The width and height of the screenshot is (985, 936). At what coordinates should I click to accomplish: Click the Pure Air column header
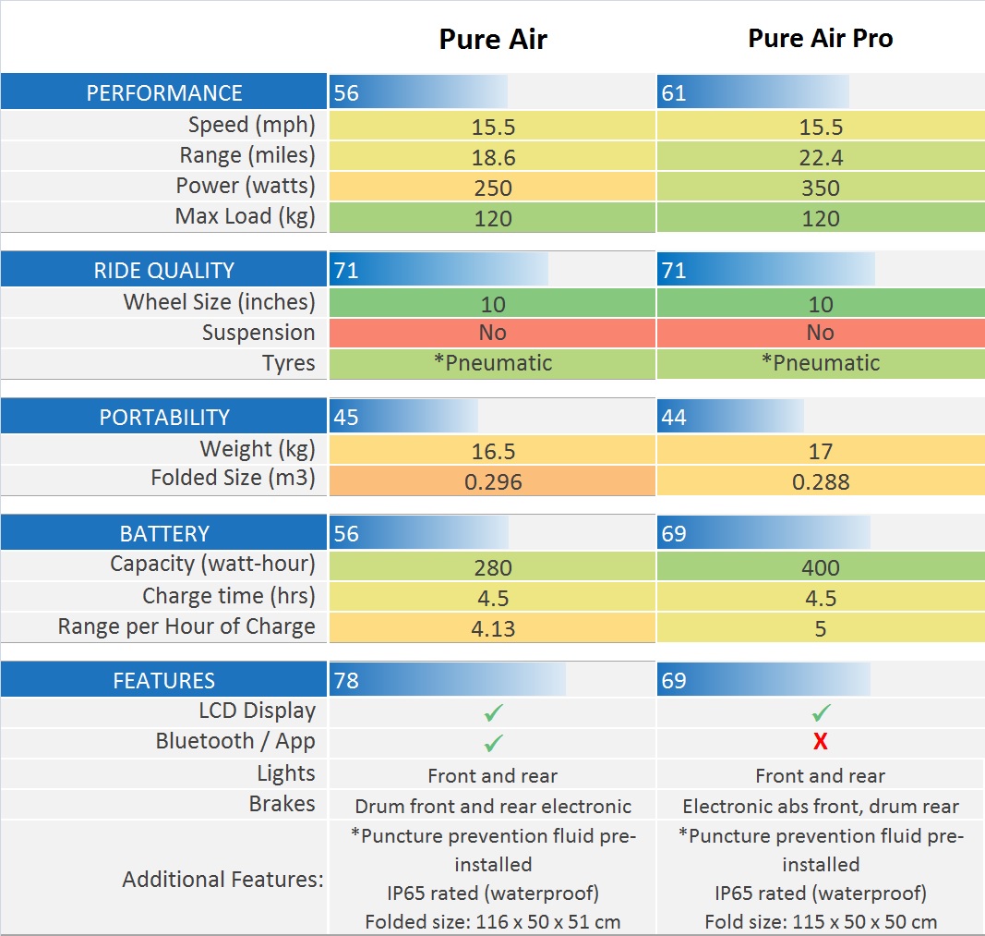pos(493,39)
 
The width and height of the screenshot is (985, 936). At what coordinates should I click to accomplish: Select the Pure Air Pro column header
pos(820,39)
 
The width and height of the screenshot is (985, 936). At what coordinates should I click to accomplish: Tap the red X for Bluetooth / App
pos(820,742)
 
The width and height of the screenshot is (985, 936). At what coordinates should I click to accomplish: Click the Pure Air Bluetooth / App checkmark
pos(493,742)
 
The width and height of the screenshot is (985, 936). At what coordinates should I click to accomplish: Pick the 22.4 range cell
pos(820,157)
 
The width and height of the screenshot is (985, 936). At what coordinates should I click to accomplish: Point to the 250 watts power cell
pos(493,188)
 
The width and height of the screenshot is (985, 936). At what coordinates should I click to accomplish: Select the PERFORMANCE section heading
pos(164,93)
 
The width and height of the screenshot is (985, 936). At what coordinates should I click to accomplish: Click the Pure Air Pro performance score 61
pos(674,93)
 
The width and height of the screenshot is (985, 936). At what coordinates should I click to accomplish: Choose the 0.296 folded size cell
pos(493,481)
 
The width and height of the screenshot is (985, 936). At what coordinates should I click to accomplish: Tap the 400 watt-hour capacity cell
pos(820,567)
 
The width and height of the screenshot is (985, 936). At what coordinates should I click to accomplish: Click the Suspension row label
pos(258,333)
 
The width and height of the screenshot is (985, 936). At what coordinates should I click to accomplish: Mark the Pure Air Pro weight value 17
pos(820,451)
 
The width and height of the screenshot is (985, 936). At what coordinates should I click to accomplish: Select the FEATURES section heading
pos(164,681)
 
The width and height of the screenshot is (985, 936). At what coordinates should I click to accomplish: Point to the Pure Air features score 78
pos(346,681)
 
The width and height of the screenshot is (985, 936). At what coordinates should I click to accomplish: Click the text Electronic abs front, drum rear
pos(820,806)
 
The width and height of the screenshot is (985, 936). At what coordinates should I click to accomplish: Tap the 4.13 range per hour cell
pos(493,628)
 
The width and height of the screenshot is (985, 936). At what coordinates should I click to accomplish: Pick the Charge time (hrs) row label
pos(228,596)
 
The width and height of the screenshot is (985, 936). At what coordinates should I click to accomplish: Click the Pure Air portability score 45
pos(346,418)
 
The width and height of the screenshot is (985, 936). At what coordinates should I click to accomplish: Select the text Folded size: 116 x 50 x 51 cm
pos(493,921)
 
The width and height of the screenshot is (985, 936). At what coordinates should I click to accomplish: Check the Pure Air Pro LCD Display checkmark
pos(820,712)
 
